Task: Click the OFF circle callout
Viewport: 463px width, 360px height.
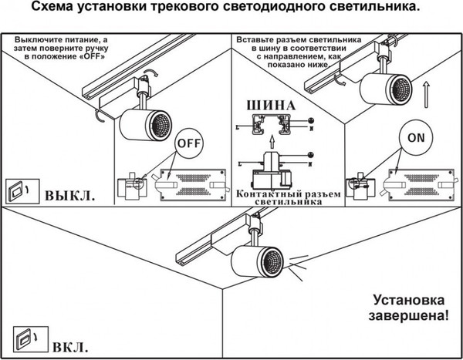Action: click(x=188, y=143)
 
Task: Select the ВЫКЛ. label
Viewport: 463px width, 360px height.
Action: click(x=70, y=194)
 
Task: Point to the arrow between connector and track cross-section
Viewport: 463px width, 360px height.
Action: click(x=271, y=141)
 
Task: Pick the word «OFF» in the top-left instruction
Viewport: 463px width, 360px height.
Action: click(x=87, y=56)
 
